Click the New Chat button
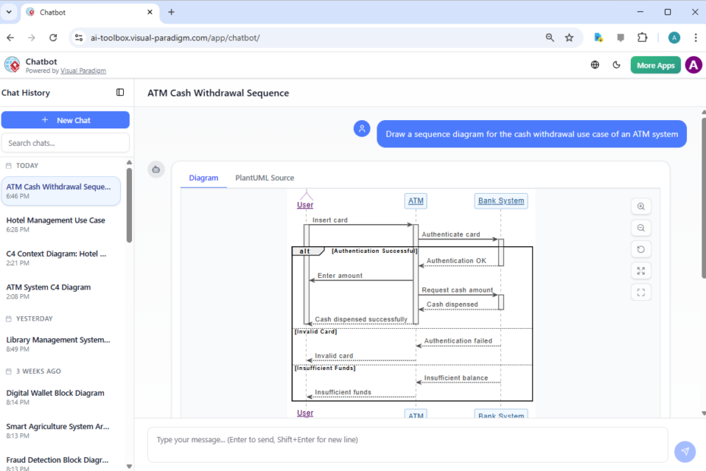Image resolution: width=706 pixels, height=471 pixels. click(x=65, y=120)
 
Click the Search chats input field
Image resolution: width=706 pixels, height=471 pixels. click(x=65, y=143)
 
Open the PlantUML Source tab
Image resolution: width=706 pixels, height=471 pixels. click(x=264, y=178)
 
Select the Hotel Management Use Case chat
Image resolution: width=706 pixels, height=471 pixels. click(x=55, y=220)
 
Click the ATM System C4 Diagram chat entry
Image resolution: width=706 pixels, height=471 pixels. click(x=49, y=287)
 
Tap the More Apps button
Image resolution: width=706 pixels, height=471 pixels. click(x=655, y=65)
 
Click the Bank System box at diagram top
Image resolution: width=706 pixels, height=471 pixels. click(x=501, y=201)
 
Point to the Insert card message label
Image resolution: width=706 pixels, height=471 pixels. click(x=330, y=220)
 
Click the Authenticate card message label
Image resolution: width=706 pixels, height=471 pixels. click(x=451, y=235)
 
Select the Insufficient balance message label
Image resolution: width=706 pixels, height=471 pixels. click(x=456, y=378)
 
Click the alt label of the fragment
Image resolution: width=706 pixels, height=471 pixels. click(x=305, y=251)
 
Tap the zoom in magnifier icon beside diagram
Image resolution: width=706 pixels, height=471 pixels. click(x=641, y=207)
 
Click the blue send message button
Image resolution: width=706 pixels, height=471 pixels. click(x=685, y=451)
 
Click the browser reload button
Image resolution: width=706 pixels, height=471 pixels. click(x=53, y=37)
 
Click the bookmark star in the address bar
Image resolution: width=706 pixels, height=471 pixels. click(x=569, y=37)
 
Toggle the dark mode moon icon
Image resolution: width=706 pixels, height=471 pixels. click(x=616, y=65)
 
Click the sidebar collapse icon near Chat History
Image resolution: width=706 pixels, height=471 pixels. click(x=120, y=93)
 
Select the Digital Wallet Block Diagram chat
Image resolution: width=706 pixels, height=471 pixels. click(x=55, y=393)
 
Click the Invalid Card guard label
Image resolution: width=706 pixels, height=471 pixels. click(x=316, y=331)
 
